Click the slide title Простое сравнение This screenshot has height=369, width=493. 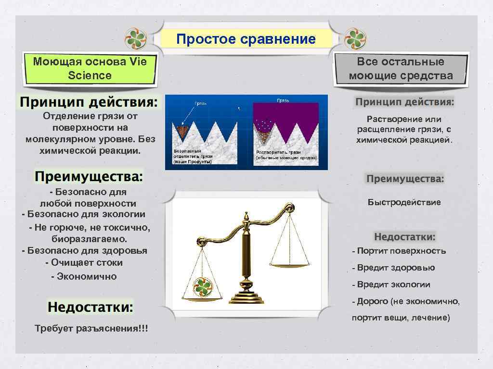click(x=246, y=39)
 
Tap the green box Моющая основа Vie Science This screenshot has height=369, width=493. click(x=90, y=69)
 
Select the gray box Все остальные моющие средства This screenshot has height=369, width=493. click(x=401, y=69)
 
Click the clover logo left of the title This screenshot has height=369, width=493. click(x=135, y=38)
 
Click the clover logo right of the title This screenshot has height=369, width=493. click(x=355, y=38)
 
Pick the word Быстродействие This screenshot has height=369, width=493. click(x=404, y=202)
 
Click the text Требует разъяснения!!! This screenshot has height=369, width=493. click(x=91, y=329)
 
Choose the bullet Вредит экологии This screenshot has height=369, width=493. click(x=391, y=284)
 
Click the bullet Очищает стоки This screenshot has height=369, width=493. click(x=84, y=263)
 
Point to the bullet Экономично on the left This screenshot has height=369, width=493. click(x=84, y=276)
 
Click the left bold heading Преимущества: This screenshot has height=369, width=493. click(x=89, y=177)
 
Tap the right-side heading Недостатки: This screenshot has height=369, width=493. click(x=404, y=236)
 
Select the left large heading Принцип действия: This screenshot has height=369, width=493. click(x=89, y=102)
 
